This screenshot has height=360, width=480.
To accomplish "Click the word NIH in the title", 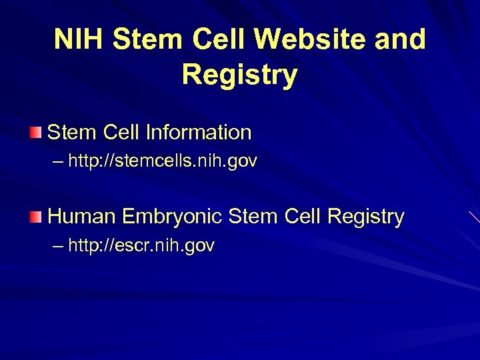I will click(x=79, y=40).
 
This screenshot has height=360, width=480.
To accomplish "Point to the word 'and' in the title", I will click(x=399, y=40).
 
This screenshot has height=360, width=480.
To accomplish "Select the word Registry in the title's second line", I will click(x=239, y=75).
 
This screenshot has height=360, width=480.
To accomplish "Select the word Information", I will click(x=200, y=132).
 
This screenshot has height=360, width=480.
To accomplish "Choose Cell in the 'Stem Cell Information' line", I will click(x=122, y=132).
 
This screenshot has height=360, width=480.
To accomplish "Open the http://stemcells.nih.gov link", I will click(x=163, y=161).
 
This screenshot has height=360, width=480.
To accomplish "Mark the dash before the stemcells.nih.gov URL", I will click(x=57, y=161).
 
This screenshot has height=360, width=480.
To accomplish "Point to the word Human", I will click(x=82, y=217).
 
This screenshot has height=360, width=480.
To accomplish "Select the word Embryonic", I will click(x=173, y=217).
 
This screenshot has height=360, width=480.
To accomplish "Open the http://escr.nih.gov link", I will click(x=141, y=246).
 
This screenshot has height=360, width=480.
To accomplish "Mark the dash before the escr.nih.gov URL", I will click(x=57, y=246).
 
